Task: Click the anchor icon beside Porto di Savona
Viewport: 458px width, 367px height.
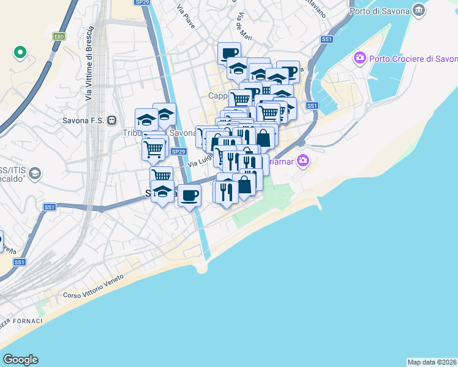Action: coord(419,10)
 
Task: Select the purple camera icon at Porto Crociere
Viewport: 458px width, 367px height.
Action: coord(359,59)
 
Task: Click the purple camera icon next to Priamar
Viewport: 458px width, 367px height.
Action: coord(302,161)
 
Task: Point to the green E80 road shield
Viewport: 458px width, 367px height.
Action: coord(59,37)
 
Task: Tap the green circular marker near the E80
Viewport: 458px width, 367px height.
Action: coord(20,53)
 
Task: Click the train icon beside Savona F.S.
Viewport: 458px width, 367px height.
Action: coord(111,120)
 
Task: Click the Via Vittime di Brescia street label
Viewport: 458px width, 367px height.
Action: coord(90,64)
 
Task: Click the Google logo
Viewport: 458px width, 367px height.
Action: coord(20,360)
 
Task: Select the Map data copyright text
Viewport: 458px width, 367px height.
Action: coord(432,362)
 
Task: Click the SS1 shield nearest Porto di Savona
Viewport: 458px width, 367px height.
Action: coord(327,39)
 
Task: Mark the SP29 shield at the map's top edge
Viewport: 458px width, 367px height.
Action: coord(142,2)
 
